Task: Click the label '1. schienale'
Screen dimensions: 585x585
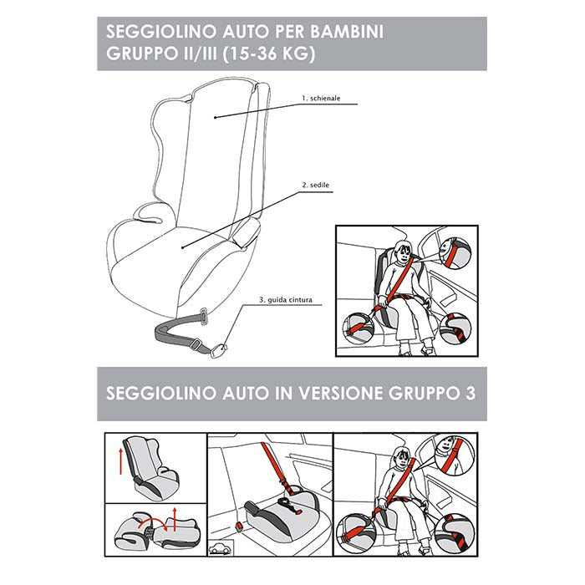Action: (x=321, y=98)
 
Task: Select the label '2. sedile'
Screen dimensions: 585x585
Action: (x=313, y=185)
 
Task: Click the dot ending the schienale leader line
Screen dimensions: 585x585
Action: (x=216, y=117)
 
